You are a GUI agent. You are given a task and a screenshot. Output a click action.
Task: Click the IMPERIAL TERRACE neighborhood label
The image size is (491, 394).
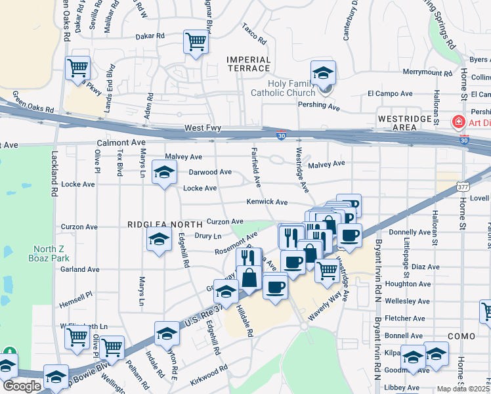248,64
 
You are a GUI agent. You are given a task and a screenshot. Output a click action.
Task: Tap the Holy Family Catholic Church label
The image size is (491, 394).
283,88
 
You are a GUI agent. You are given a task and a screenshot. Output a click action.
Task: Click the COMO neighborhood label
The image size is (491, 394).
457,336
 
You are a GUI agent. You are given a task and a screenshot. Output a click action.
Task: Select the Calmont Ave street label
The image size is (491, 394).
120,142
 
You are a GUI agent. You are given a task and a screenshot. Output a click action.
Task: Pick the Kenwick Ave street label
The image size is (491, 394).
267,202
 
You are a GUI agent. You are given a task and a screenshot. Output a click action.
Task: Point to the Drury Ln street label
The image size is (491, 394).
207,235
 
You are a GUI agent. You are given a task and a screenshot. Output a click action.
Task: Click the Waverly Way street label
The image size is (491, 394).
326,306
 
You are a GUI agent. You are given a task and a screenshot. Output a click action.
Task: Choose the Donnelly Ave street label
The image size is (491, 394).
410,232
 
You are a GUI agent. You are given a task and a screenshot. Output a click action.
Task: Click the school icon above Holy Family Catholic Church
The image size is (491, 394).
323,73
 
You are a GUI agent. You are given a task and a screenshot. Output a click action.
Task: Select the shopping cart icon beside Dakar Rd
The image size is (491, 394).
196,42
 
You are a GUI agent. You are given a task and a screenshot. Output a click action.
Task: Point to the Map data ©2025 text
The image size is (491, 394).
463,389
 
